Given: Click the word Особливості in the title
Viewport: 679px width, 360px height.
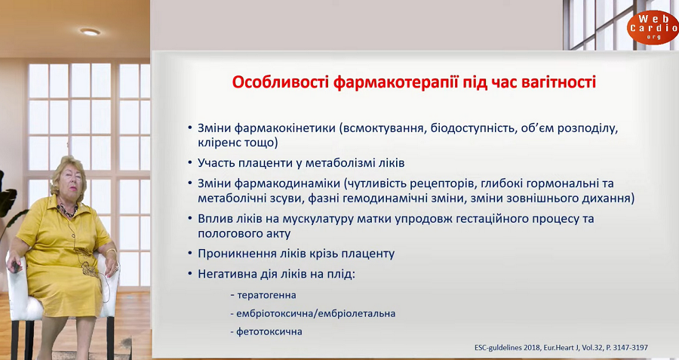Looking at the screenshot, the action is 281,82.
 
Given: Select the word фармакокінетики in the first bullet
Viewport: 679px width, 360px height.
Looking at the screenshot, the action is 285,128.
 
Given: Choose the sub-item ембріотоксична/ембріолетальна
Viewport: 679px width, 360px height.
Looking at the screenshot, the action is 315,314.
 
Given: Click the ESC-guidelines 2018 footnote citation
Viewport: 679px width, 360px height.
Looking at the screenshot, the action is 561,347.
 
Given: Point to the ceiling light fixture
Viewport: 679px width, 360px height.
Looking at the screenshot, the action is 90,32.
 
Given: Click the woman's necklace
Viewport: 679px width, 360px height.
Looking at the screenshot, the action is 67,210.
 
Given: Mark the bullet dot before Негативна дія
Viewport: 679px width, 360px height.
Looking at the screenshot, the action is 189,274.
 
